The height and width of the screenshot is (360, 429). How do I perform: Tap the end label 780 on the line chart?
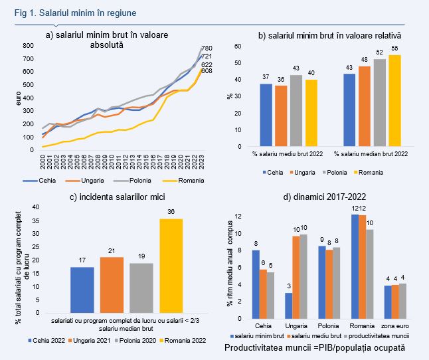(208, 48)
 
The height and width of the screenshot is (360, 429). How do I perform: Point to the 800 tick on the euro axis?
(29, 46)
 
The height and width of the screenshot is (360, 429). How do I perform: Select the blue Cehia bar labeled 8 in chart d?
(256, 286)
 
